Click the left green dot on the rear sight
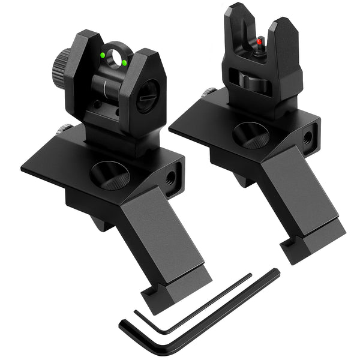coord(103,55)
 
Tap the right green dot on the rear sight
coord(124,62)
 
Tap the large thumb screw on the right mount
coord(250,134)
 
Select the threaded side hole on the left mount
coord(171,178)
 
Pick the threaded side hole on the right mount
coord(307,137)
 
